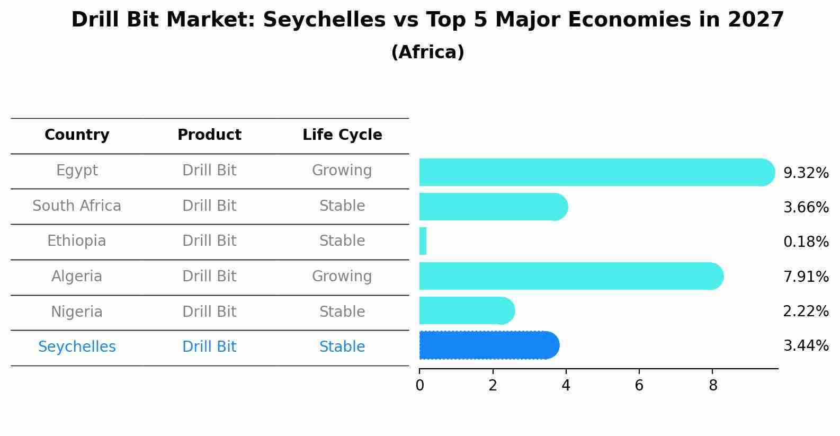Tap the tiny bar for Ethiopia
click(x=423, y=242)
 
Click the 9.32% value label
click(x=806, y=173)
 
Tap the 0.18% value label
click(x=806, y=242)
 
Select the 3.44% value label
click(x=806, y=346)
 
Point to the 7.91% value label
click(x=806, y=277)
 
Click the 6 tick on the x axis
click(x=639, y=385)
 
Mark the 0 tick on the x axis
click(x=419, y=385)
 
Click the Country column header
click(x=77, y=135)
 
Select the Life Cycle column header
click(x=342, y=135)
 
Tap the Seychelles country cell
click(x=77, y=347)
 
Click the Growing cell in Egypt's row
click(x=342, y=171)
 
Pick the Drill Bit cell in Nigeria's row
click(x=209, y=312)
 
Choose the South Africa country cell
click(x=77, y=206)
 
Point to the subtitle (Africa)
click(x=427, y=52)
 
